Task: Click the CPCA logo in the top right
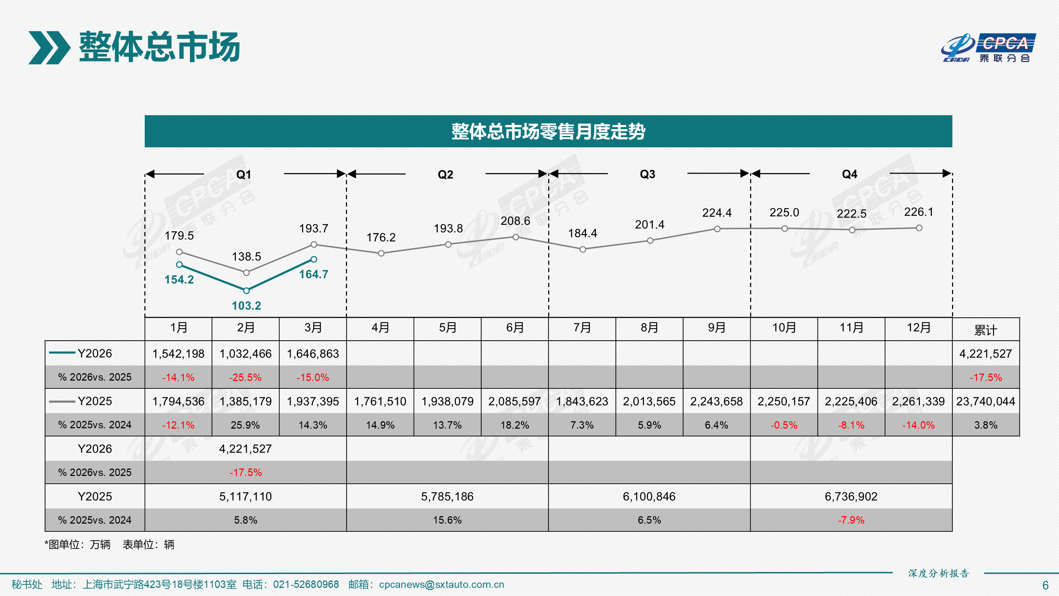coord(988,48)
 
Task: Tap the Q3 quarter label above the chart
coord(647,174)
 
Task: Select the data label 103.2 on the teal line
coord(246,306)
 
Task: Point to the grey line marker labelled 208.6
coord(515,237)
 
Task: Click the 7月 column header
coord(582,328)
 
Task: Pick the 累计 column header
coord(986,330)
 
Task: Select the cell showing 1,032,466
coord(245,354)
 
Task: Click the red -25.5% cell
coord(245,377)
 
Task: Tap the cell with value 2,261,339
coord(919,401)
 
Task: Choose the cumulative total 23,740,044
coord(986,401)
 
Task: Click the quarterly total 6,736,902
coord(851,496)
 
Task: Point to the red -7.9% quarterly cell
coord(851,520)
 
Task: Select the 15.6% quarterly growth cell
coord(447,520)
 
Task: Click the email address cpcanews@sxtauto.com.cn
coord(442,584)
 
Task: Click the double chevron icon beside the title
coord(49,48)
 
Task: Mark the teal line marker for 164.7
coord(314,259)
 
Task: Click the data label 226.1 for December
coord(919,212)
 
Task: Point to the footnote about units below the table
coord(109,544)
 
